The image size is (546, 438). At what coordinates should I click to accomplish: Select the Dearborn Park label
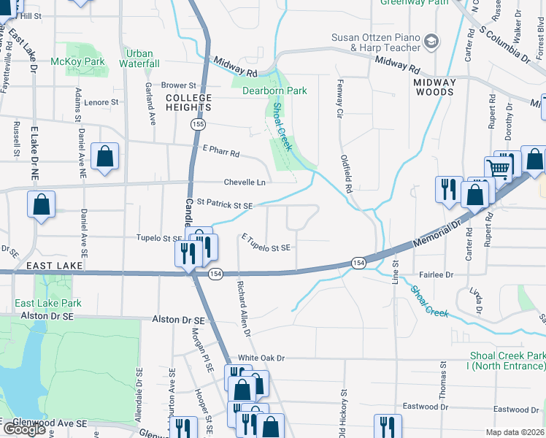pyautogui.click(x=274, y=91)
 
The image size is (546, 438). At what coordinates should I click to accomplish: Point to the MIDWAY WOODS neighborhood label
pyautogui.click(x=434, y=87)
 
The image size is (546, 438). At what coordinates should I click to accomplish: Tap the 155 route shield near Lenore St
pyautogui.click(x=197, y=125)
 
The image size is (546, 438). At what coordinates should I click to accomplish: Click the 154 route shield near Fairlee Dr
pyautogui.click(x=358, y=262)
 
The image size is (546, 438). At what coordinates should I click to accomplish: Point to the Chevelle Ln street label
pyautogui.click(x=244, y=182)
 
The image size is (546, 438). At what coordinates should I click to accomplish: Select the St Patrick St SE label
pyautogui.click(x=224, y=206)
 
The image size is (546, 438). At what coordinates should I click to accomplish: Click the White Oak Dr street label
pyautogui.click(x=261, y=358)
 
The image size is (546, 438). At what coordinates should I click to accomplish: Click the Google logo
pyautogui.click(x=24, y=429)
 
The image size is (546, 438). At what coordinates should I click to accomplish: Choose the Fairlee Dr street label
pyautogui.click(x=437, y=274)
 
